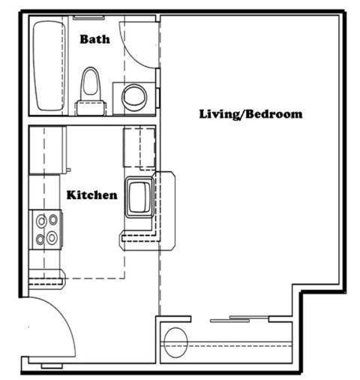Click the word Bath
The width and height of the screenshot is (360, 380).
[95, 38]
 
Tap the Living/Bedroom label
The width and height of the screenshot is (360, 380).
[250, 114]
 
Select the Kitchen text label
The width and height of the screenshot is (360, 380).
[91, 195]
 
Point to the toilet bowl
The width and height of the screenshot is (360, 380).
[91, 82]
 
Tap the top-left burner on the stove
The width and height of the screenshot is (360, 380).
[40, 221]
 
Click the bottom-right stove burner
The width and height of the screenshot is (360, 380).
[52, 238]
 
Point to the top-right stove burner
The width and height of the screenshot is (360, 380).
[52, 221]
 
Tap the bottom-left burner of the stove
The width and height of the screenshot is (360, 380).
[40, 238]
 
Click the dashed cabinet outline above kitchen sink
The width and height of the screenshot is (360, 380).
[138, 146]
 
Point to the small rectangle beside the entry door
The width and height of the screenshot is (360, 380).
[52, 365]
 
